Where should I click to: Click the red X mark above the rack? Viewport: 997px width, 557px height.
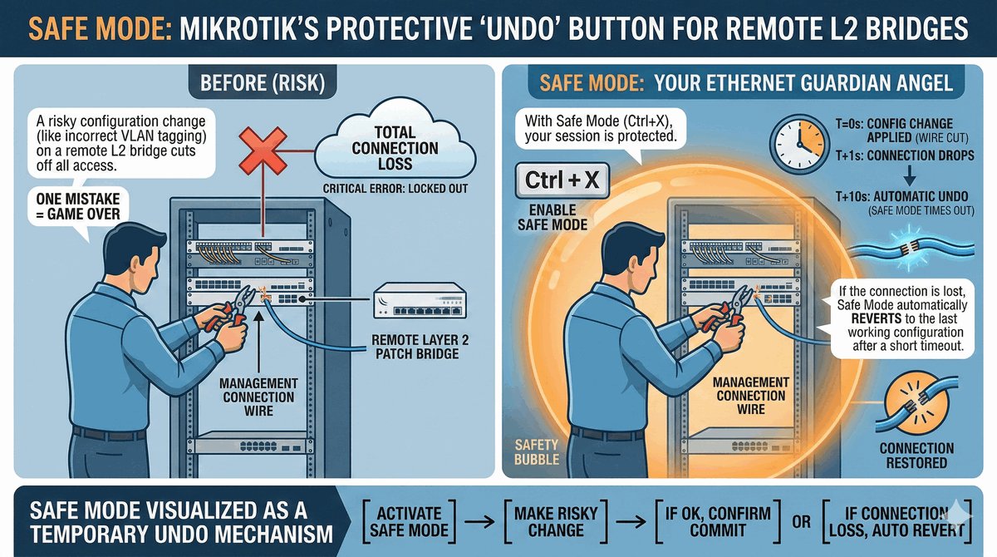(263, 150)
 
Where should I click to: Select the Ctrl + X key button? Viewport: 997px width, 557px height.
(562, 180)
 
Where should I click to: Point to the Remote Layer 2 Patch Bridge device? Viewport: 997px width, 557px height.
(420, 301)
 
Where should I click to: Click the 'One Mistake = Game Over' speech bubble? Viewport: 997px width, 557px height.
(78, 207)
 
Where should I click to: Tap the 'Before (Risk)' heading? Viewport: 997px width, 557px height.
(263, 83)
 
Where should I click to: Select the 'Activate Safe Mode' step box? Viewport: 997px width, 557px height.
(409, 521)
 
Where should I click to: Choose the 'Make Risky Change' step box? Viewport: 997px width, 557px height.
(556, 521)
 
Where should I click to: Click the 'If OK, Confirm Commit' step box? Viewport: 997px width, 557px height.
(718, 521)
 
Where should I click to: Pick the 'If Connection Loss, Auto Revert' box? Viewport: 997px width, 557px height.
(896, 521)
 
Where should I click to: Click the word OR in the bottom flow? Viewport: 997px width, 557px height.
(801, 522)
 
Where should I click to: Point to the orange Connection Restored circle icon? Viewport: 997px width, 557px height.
(916, 406)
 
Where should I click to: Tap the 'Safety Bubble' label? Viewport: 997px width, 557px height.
(537, 452)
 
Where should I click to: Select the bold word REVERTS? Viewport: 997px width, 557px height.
(877, 318)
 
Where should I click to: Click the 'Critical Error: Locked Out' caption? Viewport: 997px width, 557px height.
(395, 189)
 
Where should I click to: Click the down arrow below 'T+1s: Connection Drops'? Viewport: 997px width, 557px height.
(910, 175)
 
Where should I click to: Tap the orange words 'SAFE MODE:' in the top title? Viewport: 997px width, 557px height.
(101, 28)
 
